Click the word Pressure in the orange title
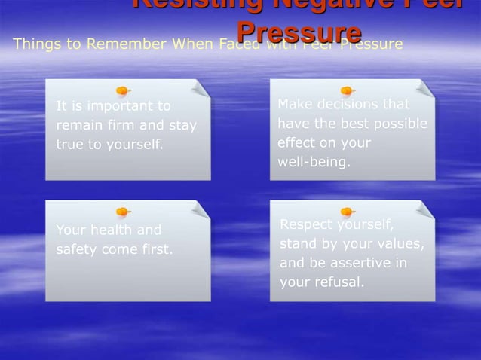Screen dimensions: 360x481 click(x=299, y=31)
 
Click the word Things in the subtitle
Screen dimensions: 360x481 click(x=34, y=44)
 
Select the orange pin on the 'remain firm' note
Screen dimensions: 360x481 click(x=122, y=91)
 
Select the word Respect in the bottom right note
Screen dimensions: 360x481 click(x=305, y=224)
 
